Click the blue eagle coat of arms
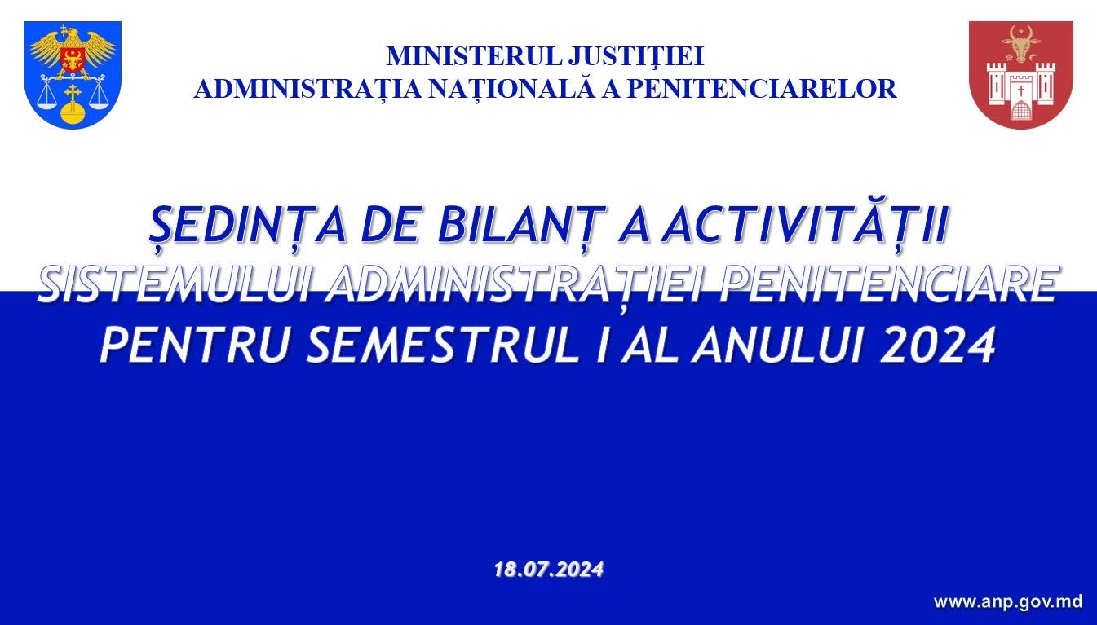pyautogui.click(x=73, y=75)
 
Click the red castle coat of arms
pyautogui.click(x=1021, y=75)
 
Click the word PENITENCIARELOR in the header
pyautogui.click(x=762, y=89)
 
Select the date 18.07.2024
pyautogui.click(x=548, y=570)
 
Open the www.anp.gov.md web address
pyautogui.click(x=1008, y=601)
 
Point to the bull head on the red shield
pyautogui.click(x=1021, y=44)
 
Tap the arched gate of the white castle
pyautogui.click(x=1021, y=110)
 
